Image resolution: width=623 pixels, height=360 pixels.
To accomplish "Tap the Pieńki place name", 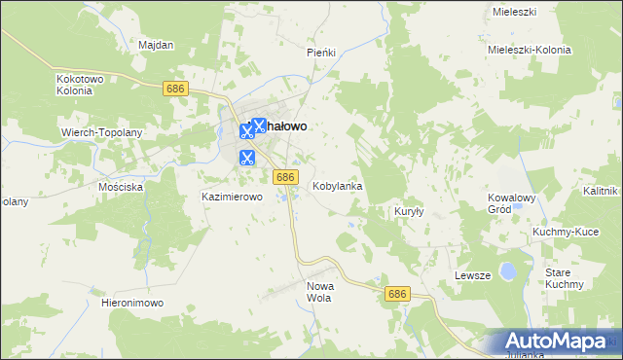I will coord(320,53).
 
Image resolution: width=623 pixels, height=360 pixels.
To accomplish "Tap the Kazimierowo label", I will coord(233,197).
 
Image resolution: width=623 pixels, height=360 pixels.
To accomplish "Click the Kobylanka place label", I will coord(337,185).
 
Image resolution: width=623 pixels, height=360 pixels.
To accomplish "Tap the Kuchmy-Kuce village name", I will coord(565,233).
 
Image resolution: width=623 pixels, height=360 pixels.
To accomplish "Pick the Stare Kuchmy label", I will coord(564,277).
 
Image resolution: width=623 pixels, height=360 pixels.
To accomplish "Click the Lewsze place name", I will coord(472,275).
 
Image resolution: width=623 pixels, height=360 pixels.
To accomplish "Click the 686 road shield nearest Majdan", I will coord(175,89).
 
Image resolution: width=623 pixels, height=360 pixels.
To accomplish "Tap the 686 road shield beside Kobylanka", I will coord(284,176).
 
